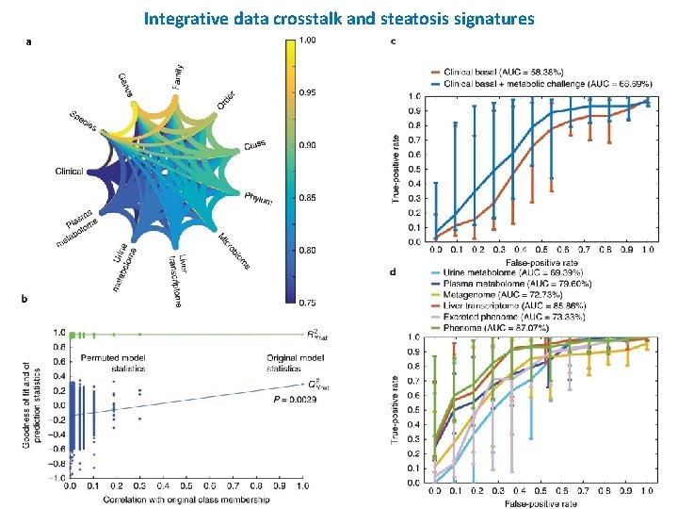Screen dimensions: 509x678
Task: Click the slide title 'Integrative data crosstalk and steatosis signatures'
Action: coord(339,18)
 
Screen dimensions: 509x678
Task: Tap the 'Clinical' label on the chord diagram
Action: coord(69,172)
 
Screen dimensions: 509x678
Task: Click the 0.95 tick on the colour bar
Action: coord(307,92)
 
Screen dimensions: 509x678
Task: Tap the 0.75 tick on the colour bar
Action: coord(307,302)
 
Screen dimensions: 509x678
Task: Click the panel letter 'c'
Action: coord(393,42)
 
